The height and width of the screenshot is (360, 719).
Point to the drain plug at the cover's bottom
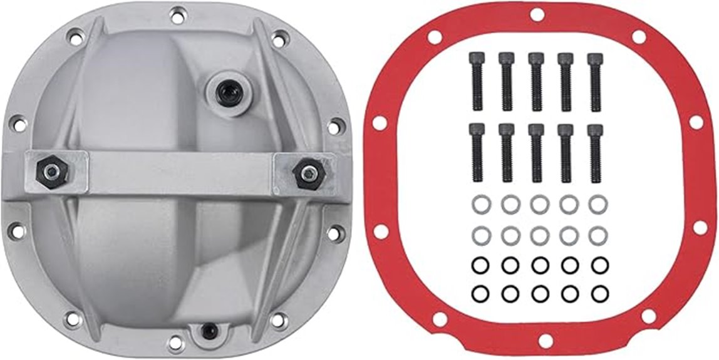pos(206,329)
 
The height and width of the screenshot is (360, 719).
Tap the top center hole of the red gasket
pos(536,14)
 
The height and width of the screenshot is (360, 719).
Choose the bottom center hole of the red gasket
pos(545,341)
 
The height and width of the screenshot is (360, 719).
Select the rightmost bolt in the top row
pos(594,81)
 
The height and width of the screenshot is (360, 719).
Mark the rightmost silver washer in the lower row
pos(598,235)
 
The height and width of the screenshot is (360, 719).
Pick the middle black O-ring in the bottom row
pos(539,292)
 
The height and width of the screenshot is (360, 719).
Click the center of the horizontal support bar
pos(180,173)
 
